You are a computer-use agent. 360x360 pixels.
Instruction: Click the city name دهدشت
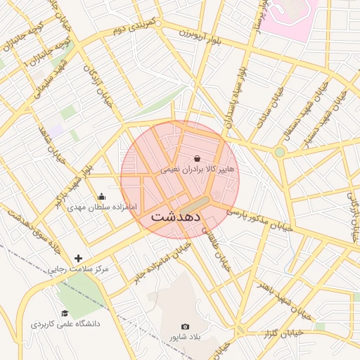coord(176,217)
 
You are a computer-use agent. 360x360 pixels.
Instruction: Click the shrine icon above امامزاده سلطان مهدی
coord(102,197)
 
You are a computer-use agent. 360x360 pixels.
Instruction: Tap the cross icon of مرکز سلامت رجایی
coord(78,258)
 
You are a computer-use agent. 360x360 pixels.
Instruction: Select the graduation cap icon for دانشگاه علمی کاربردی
coord(65,314)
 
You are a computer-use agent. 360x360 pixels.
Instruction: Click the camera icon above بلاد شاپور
coord(185,326)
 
